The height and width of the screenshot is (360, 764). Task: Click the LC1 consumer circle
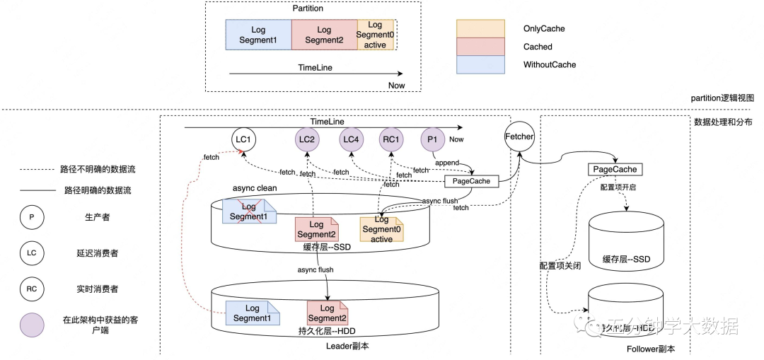(x=243, y=140)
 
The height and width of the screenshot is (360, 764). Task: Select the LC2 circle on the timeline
(x=307, y=140)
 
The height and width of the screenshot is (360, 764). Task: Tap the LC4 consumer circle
(x=351, y=140)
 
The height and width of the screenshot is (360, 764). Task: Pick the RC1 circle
(x=391, y=140)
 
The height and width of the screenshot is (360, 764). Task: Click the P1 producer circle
(x=432, y=140)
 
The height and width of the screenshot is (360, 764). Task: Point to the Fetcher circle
(x=520, y=137)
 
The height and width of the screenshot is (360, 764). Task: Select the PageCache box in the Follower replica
(x=615, y=170)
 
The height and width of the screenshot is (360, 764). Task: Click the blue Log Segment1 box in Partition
(x=258, y=35)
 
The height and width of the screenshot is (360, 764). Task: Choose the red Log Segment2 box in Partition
(x=324, y=35)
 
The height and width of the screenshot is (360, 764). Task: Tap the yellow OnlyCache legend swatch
(x=480, y=29)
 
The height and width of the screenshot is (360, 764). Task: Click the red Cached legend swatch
(x=480, y=47)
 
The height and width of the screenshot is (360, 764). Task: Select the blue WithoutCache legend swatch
(x=480, y=65)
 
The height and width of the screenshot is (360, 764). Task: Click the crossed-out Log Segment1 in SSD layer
(x=248, y=211)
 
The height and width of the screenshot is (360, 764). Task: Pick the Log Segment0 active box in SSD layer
(x=381, y=230)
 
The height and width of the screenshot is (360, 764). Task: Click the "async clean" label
(x=255, y=188)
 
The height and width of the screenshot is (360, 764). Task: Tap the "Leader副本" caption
(x=347, y=347)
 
